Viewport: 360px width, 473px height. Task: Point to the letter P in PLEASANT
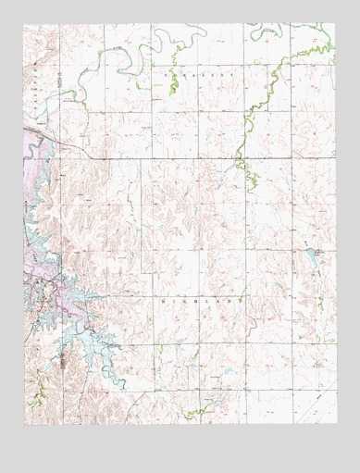click(x=167, y=71)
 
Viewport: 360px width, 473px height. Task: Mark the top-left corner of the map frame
click(x=25, y=24)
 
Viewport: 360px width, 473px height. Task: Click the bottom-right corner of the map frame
click(x=337, y=425)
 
